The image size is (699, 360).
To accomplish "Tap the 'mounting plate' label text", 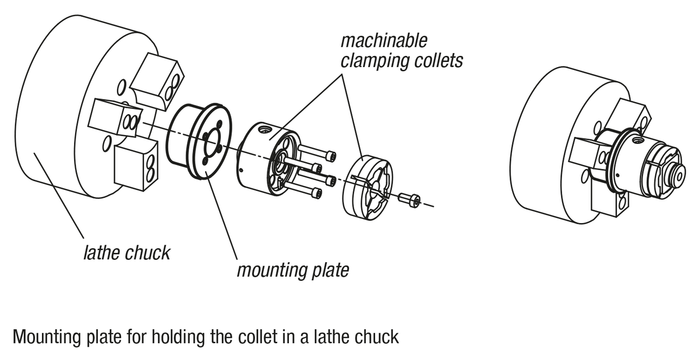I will (x=292, y=270).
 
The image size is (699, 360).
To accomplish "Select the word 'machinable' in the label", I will (x=384, y=41).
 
